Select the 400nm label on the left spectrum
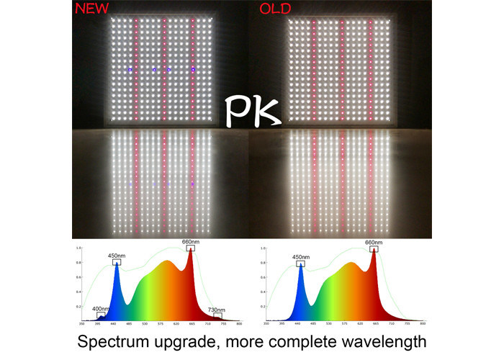(x=101, y=309)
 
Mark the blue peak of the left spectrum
(x=116, y=264)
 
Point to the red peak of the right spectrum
(x=374, y=251)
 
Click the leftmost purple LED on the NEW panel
(x=130, y=70)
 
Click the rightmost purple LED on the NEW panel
(x=193, y=69)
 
